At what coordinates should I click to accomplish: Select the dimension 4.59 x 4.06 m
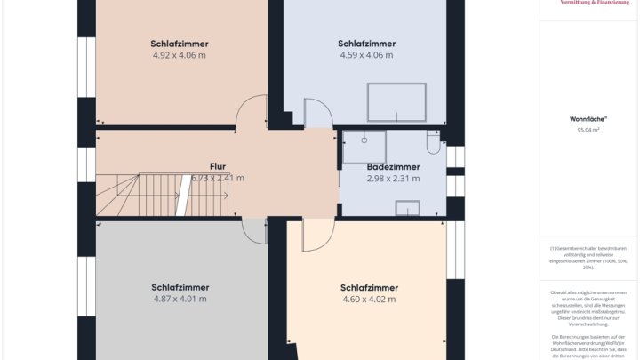coord(366,55)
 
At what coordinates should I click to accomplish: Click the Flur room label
coord(218,166)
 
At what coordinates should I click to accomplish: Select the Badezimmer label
coord(393,166)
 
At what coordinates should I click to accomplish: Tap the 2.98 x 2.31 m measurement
coord(393,179)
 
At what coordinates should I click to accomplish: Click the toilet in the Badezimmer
coord(433,143)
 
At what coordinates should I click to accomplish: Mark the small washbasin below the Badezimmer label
coord(407,208)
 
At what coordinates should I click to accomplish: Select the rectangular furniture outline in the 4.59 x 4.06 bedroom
coord(396,102)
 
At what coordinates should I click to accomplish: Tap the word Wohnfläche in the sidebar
coord(587,118)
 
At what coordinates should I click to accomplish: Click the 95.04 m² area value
coord(588,130)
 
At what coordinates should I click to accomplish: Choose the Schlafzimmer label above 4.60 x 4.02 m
coord(369,287)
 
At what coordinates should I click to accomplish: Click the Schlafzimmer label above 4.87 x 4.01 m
coord(180,287)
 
